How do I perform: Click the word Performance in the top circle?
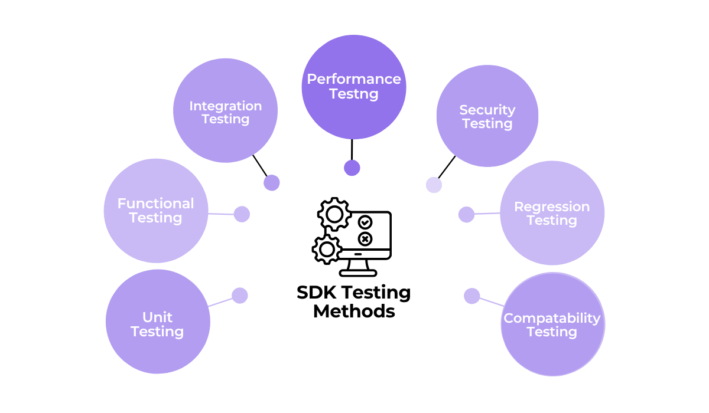point(353,79)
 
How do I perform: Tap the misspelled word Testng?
point(353,94)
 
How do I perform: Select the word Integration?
point(225,106)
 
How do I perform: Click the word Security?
point(487,110)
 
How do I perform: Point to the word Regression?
point(551,206)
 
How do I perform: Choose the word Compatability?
point(551,318)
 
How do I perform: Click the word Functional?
point(155,204)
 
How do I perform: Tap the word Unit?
point(157,317)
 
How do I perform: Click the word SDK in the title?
point(317,292)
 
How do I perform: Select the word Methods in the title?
point(353,311)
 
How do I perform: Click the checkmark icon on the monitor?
point(365,222)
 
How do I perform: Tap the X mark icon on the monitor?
point(365,238)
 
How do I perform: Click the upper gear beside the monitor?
point(334,214)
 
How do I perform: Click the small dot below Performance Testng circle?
point(352,168)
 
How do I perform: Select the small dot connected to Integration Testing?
point(271,183)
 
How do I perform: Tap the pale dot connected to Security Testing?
point(434,185)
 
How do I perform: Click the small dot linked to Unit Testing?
point(239,296)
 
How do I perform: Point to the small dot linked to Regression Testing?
point(466,215)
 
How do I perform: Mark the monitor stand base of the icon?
point(358,273)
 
